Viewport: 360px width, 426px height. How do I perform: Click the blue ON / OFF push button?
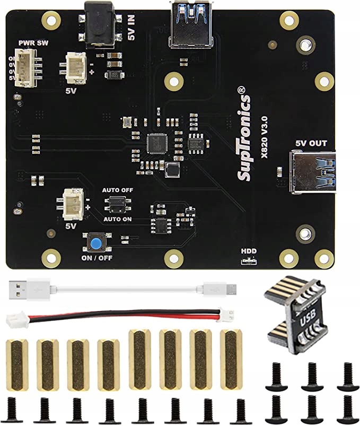coord(96,244)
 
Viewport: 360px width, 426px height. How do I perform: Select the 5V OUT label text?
coord(311,143)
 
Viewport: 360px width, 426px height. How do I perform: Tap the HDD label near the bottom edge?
coord(248,251)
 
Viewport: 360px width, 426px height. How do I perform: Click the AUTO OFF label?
coord(118,190)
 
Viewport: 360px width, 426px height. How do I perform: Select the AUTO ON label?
coord(118,219)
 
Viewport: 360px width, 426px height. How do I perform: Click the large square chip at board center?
coord(157,143)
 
